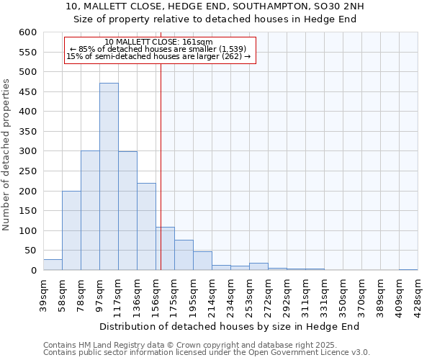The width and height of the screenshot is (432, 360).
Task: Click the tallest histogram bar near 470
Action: [x=109, y=176]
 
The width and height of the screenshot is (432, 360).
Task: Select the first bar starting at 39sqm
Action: [x=53, y=264]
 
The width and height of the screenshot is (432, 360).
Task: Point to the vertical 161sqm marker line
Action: [x=161, y=166]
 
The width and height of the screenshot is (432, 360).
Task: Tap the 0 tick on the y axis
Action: [x=32, y=271]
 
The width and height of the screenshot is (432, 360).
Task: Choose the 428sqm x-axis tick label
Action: [x=418, y=292]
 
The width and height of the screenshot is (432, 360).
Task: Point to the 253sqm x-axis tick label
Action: [x=250, y=292]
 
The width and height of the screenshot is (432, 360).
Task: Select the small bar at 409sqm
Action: [x=408, y=269]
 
